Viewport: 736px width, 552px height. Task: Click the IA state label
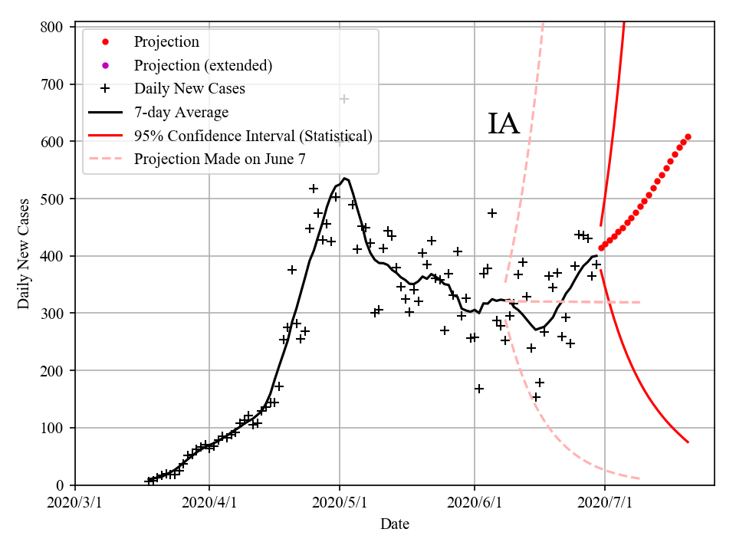504,123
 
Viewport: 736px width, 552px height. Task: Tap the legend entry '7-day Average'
181,113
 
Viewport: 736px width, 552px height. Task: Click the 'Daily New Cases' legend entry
189,89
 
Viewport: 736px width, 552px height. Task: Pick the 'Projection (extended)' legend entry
202,65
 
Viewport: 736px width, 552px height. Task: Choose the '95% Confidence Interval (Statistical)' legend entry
253,136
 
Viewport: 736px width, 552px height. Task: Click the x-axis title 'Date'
395,524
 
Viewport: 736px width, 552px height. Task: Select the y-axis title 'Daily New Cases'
24,254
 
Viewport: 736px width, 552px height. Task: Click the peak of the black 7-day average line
344,179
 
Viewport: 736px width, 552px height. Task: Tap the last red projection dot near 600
688,136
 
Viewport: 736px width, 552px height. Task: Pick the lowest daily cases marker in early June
478,389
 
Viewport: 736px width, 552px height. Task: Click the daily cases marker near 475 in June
491,212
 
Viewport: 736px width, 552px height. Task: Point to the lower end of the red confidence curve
688,442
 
